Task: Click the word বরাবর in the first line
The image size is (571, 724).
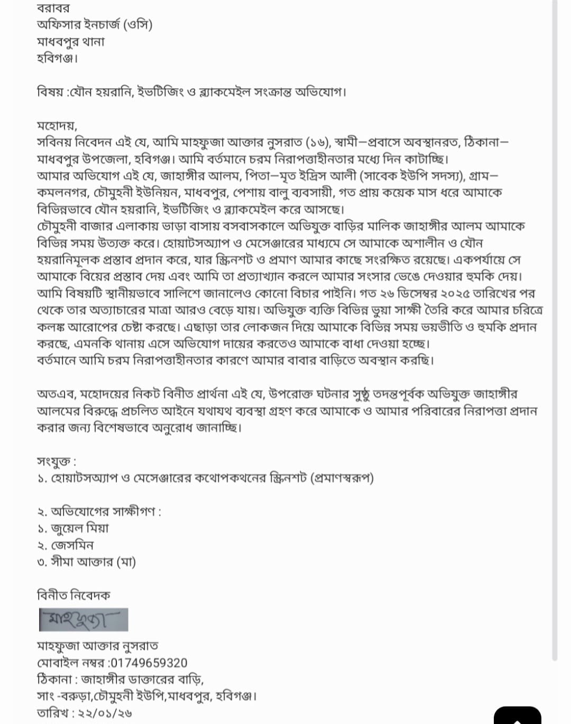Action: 53,8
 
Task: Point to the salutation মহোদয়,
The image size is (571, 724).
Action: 57,126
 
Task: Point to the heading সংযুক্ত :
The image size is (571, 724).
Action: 56,461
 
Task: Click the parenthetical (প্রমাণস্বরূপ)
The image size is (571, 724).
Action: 342,478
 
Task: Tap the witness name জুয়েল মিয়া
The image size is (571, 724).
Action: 79,529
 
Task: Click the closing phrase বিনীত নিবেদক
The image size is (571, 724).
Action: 73,596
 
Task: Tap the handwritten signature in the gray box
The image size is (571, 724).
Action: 84,619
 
